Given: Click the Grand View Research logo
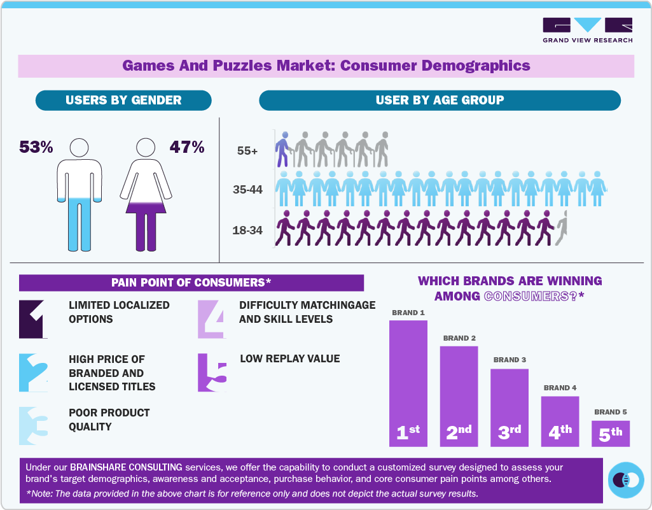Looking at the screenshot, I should pyautogui.click(x=587, y=30).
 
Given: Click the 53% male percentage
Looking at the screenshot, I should pyautogui.click(x=36, y=147).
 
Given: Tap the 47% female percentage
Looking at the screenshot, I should pyautogui.click(x=186, y=147).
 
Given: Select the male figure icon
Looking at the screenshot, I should pyautogui.click(x=80, y=194).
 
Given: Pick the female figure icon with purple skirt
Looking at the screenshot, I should pyautogui.click(x=146, y=194).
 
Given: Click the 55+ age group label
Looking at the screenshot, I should pyautogui.click(x=247, y=152).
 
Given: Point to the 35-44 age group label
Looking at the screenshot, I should pyautogui.click(x=247, y=190).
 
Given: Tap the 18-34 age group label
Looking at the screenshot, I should pyautogui.click(x=247, y=230).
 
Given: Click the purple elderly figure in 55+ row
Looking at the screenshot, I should pyautogui.click(x=282, y=150).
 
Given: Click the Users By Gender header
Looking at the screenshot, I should pyautogui.click(x=123, y=100).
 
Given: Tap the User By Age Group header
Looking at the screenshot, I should pyautogui.click(x=440, y=100).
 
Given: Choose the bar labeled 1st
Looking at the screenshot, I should pyautogui.click(x=408, y=383).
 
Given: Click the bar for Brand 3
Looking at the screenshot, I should pyautogui.click(x=509, y=407).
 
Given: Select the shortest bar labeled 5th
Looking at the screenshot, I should pyautogui.click(x=610, y=434).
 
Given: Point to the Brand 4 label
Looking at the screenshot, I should pyautogui.click(x=560, y=388).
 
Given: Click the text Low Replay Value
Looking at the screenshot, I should pyautogui.click(x=289, y=358).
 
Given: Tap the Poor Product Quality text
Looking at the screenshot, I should pyautogui.click(x=109, y=420).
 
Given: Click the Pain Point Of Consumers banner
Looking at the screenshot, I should pyautogui.click(x=191, y=283).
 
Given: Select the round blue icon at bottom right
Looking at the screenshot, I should pyautogui.click(x=625, y=479).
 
